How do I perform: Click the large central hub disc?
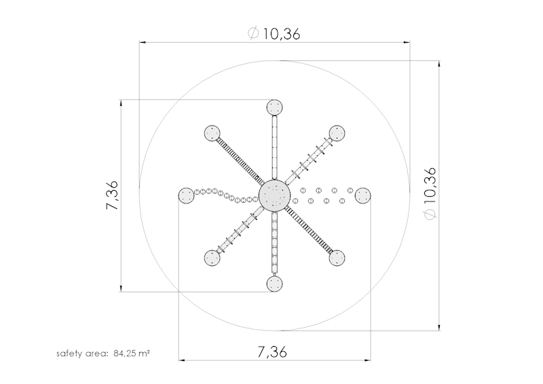(x=274, y=195)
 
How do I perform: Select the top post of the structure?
(x=275, y=107)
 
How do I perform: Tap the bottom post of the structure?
(x=275, y=284)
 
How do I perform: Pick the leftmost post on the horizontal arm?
(x=186, y=196)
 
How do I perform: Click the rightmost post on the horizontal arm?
(x=363, y=196)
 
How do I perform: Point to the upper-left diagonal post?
(x=212, y=133)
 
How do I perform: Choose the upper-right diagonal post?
(x=337, y=133)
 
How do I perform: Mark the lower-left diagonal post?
(x=212, y=258)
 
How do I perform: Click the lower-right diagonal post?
(x=337, y=258)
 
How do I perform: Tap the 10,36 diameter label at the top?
(x=274, y=34)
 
